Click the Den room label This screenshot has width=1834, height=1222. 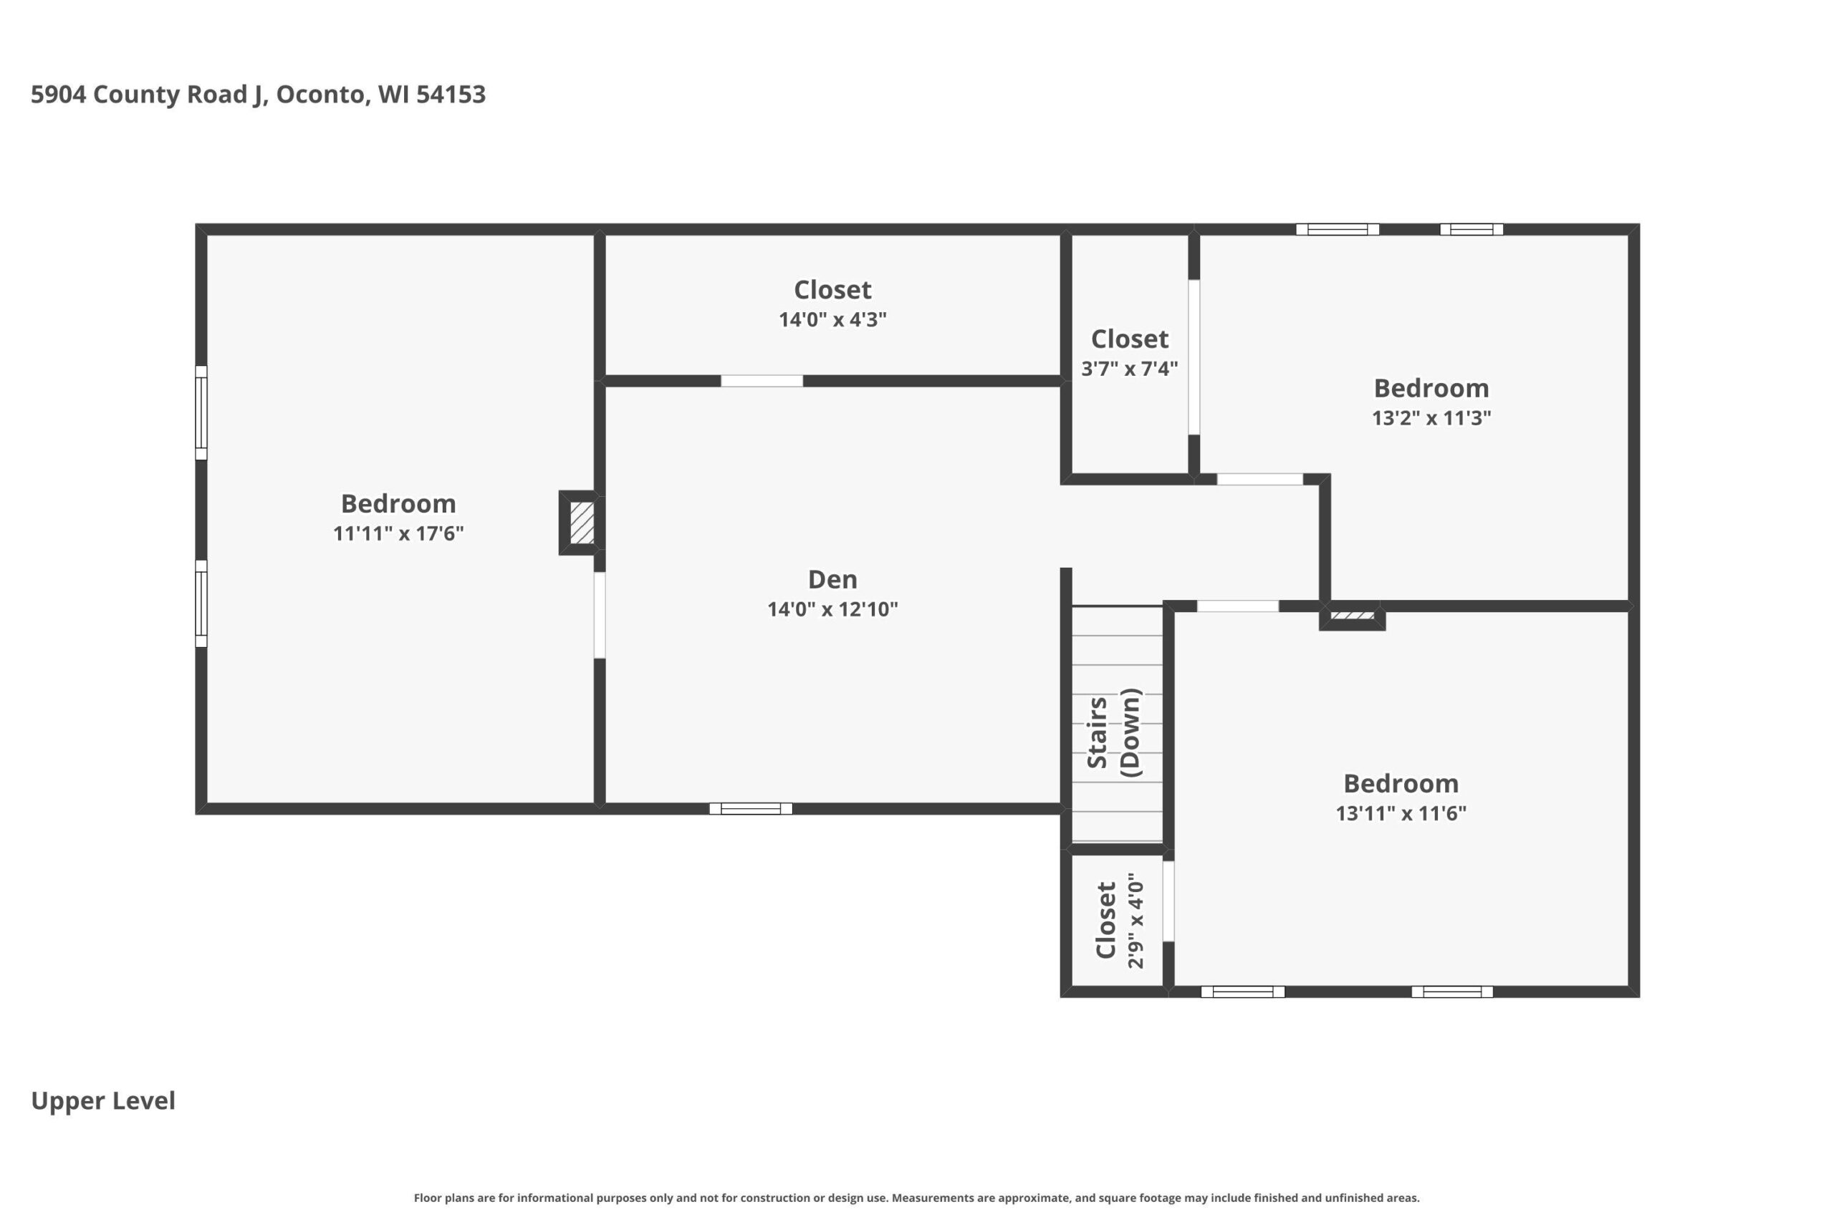point(832,579)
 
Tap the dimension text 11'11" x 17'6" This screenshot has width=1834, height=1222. point(398,533)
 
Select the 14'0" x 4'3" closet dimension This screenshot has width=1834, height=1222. point(832,319)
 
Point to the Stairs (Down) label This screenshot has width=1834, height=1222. point(1113,732)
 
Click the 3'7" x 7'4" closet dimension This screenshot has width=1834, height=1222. point(1129,369)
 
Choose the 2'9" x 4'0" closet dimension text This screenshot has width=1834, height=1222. point(1136,921)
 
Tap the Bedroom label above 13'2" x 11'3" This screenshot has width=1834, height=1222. point(1431,388)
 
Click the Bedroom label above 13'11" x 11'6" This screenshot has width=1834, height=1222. point(1401,783)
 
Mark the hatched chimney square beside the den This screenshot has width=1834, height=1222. point(582,522)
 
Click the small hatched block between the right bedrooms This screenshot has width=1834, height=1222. point(1352,616)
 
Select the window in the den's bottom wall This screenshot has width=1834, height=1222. point(750,809)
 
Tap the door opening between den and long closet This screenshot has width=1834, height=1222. point(762,381)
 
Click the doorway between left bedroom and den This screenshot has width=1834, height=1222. point(600,616)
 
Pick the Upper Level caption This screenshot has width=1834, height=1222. point(103,1100)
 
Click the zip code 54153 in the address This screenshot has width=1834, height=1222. point(451,94)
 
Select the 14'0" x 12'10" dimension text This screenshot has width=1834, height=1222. point(832,609)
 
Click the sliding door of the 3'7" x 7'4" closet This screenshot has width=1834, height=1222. point(1194,357)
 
